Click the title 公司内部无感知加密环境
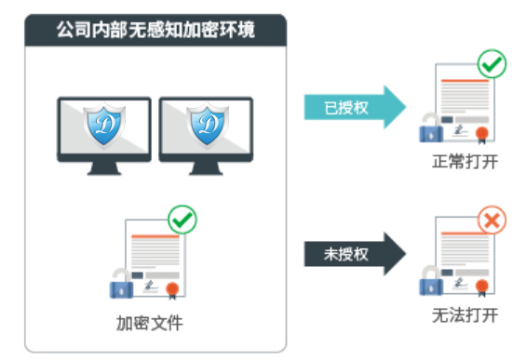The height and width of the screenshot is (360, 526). click(155, 30)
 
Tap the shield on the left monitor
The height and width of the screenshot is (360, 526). click(104, 126)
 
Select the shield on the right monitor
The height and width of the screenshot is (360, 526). click(208, 126)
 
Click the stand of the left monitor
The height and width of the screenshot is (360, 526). click(104, 168)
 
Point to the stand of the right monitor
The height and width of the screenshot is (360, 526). click(206, 168)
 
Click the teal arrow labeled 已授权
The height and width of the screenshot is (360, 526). click(355, 107)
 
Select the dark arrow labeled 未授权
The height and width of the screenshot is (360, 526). click(355, 254)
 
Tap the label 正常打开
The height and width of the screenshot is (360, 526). click(465, 162)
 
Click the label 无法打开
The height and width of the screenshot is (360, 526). click(465, 315)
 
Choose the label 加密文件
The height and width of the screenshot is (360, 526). click(150, 324)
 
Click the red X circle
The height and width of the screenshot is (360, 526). click(492, 220)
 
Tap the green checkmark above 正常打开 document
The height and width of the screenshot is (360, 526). click(492, 63)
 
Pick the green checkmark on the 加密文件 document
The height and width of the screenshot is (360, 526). click(182, 220)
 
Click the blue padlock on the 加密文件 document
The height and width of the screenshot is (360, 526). click(121, 284)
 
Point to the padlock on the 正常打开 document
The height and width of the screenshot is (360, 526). click(431, 128)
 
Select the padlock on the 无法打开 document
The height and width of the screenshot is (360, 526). click(431, 281)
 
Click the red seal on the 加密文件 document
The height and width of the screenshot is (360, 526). click(172, 290)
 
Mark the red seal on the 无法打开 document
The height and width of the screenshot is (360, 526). click(482, 287)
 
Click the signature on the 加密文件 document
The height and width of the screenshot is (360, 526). click(151, 287)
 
